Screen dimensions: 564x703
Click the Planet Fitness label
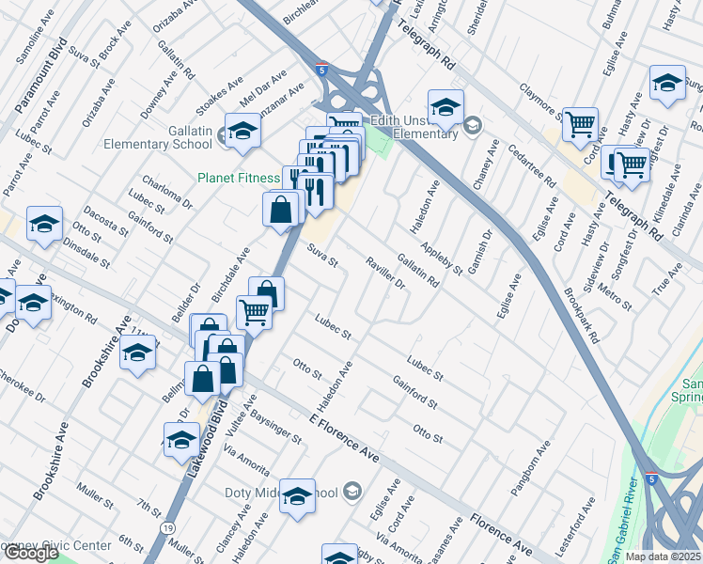tap(238, 178)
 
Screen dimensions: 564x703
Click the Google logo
tap(30, 554)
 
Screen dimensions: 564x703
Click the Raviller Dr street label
tap(384, 273)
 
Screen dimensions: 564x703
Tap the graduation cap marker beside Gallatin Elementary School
tap(242, 133)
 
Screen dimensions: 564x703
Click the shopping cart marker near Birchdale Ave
tap(254, 310)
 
